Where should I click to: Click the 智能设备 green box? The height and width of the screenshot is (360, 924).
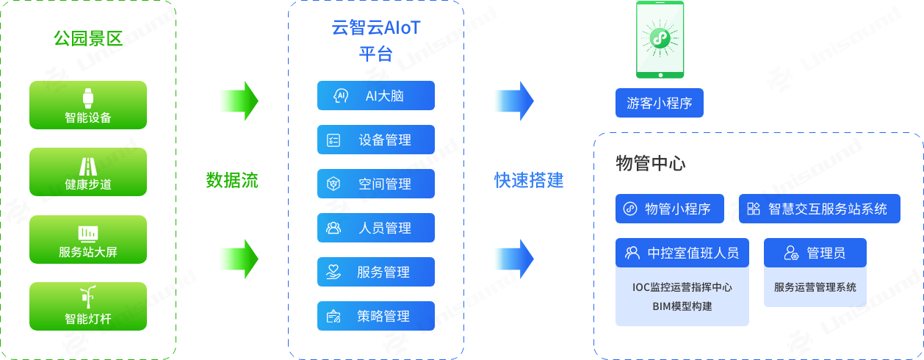(88, 105)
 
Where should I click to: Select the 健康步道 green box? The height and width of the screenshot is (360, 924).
(88, 172)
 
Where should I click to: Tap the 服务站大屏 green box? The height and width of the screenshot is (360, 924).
(88, 240)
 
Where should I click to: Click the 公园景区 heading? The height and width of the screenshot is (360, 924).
(88, 38)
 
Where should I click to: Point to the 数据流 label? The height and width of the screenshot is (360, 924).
(232, 180)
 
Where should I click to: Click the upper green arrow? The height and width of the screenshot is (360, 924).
(238, 101)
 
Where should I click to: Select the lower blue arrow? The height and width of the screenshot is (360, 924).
(513, 259)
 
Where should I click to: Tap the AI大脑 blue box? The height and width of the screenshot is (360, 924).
(376, 96)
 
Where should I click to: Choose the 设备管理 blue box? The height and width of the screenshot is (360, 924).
(376, 140)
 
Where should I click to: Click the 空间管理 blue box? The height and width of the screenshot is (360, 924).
(376, 184)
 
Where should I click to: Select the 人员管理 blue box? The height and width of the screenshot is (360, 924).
(376, 228)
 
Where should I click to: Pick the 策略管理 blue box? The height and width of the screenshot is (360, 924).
(376, 316)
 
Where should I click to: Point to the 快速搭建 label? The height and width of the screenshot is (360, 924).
(529, 180)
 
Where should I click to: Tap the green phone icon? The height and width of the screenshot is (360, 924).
(660, 40)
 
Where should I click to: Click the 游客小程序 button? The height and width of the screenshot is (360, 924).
(660, 103)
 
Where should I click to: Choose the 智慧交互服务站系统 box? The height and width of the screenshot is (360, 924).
(819, 209)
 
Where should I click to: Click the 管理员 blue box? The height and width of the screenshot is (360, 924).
(815, 253)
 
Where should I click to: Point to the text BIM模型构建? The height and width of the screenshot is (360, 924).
(682, 306)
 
